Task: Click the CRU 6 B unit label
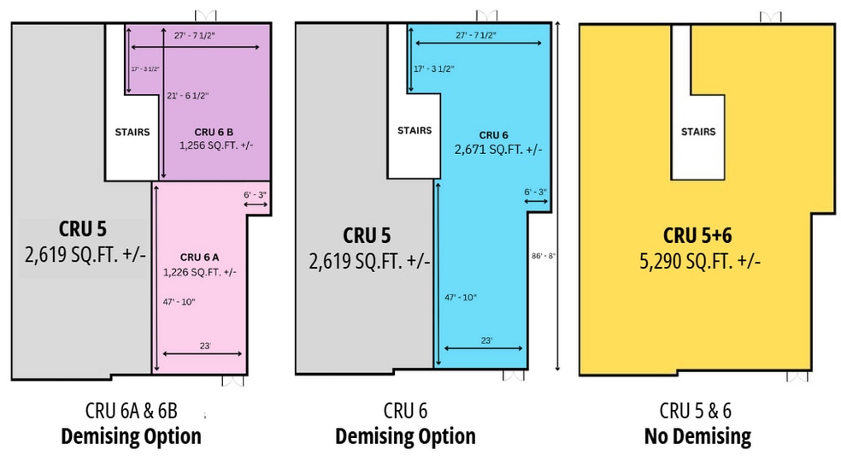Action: [214, 132]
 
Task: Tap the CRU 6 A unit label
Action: [199, 258]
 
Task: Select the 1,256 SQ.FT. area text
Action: [216, 145]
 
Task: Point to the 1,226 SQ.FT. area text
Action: [199, 272]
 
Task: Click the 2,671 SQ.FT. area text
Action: [498, 150]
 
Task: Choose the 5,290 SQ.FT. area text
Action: [700, 261]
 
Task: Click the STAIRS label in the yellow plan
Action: [698, 132]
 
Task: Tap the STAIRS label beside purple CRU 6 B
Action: [132, 132]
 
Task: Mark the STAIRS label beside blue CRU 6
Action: [415, 131]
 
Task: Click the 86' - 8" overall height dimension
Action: [544, 257]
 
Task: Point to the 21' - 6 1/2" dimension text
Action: [188, 96]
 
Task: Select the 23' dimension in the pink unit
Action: [205, 346]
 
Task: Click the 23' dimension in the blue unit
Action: [486, 341]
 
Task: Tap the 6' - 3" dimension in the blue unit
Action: [535, 192]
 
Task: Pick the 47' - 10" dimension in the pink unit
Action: [179, 302]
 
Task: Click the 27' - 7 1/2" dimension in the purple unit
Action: [195, 36]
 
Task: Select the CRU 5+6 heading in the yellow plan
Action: [697, 235]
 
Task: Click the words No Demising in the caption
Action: [697, 436]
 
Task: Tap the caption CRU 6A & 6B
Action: [132, 411]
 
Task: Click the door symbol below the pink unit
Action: [232, 381]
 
